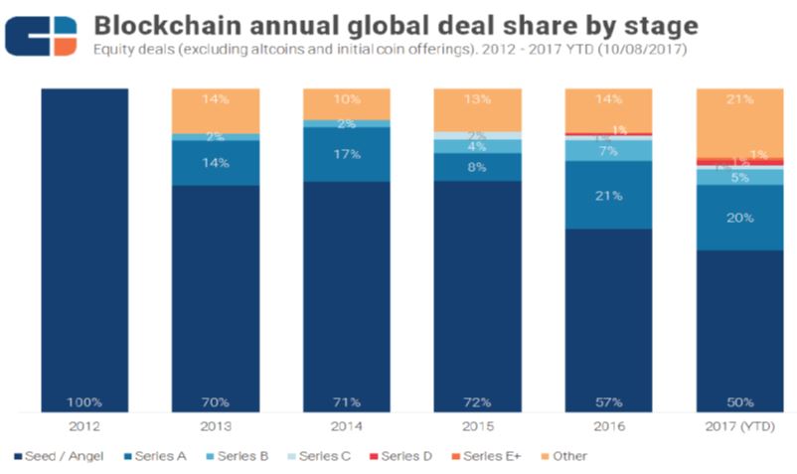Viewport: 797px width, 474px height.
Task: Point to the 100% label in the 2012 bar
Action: tap(85, 401)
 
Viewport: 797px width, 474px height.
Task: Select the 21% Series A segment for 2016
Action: tap(608, 195)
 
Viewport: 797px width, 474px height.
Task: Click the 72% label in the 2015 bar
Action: tap(477, 401)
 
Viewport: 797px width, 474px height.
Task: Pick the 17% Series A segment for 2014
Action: tap(346, 154)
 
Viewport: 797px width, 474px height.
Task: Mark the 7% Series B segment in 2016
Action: tap(608, 150)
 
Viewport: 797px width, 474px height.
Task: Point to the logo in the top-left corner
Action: tap(41, 36)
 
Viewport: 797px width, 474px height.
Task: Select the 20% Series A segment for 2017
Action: tap(739, 218)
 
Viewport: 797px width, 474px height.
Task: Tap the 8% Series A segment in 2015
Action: tap(477, 167)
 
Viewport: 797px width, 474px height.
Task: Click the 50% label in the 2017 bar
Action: tap(739, 401)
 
